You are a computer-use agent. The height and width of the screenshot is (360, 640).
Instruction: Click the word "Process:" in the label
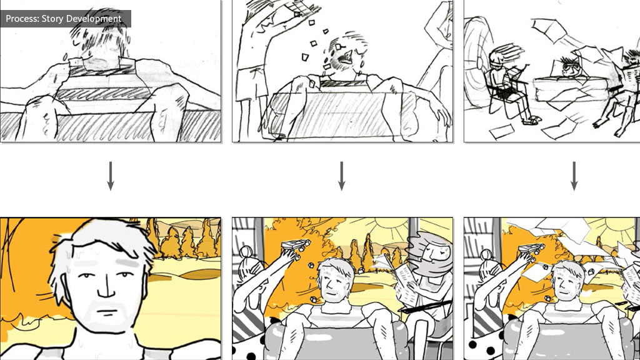22,19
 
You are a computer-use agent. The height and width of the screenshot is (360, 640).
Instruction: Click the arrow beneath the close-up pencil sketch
110,176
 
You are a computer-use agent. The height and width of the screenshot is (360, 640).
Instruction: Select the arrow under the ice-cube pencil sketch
342,176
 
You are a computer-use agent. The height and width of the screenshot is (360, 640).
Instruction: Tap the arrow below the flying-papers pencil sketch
574,176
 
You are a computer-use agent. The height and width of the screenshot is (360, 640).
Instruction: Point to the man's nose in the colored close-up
106,287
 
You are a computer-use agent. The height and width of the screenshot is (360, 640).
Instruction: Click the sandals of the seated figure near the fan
531,120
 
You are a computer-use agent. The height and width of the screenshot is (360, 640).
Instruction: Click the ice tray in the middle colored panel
295,246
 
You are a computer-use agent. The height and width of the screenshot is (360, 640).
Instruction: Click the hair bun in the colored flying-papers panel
486,255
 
